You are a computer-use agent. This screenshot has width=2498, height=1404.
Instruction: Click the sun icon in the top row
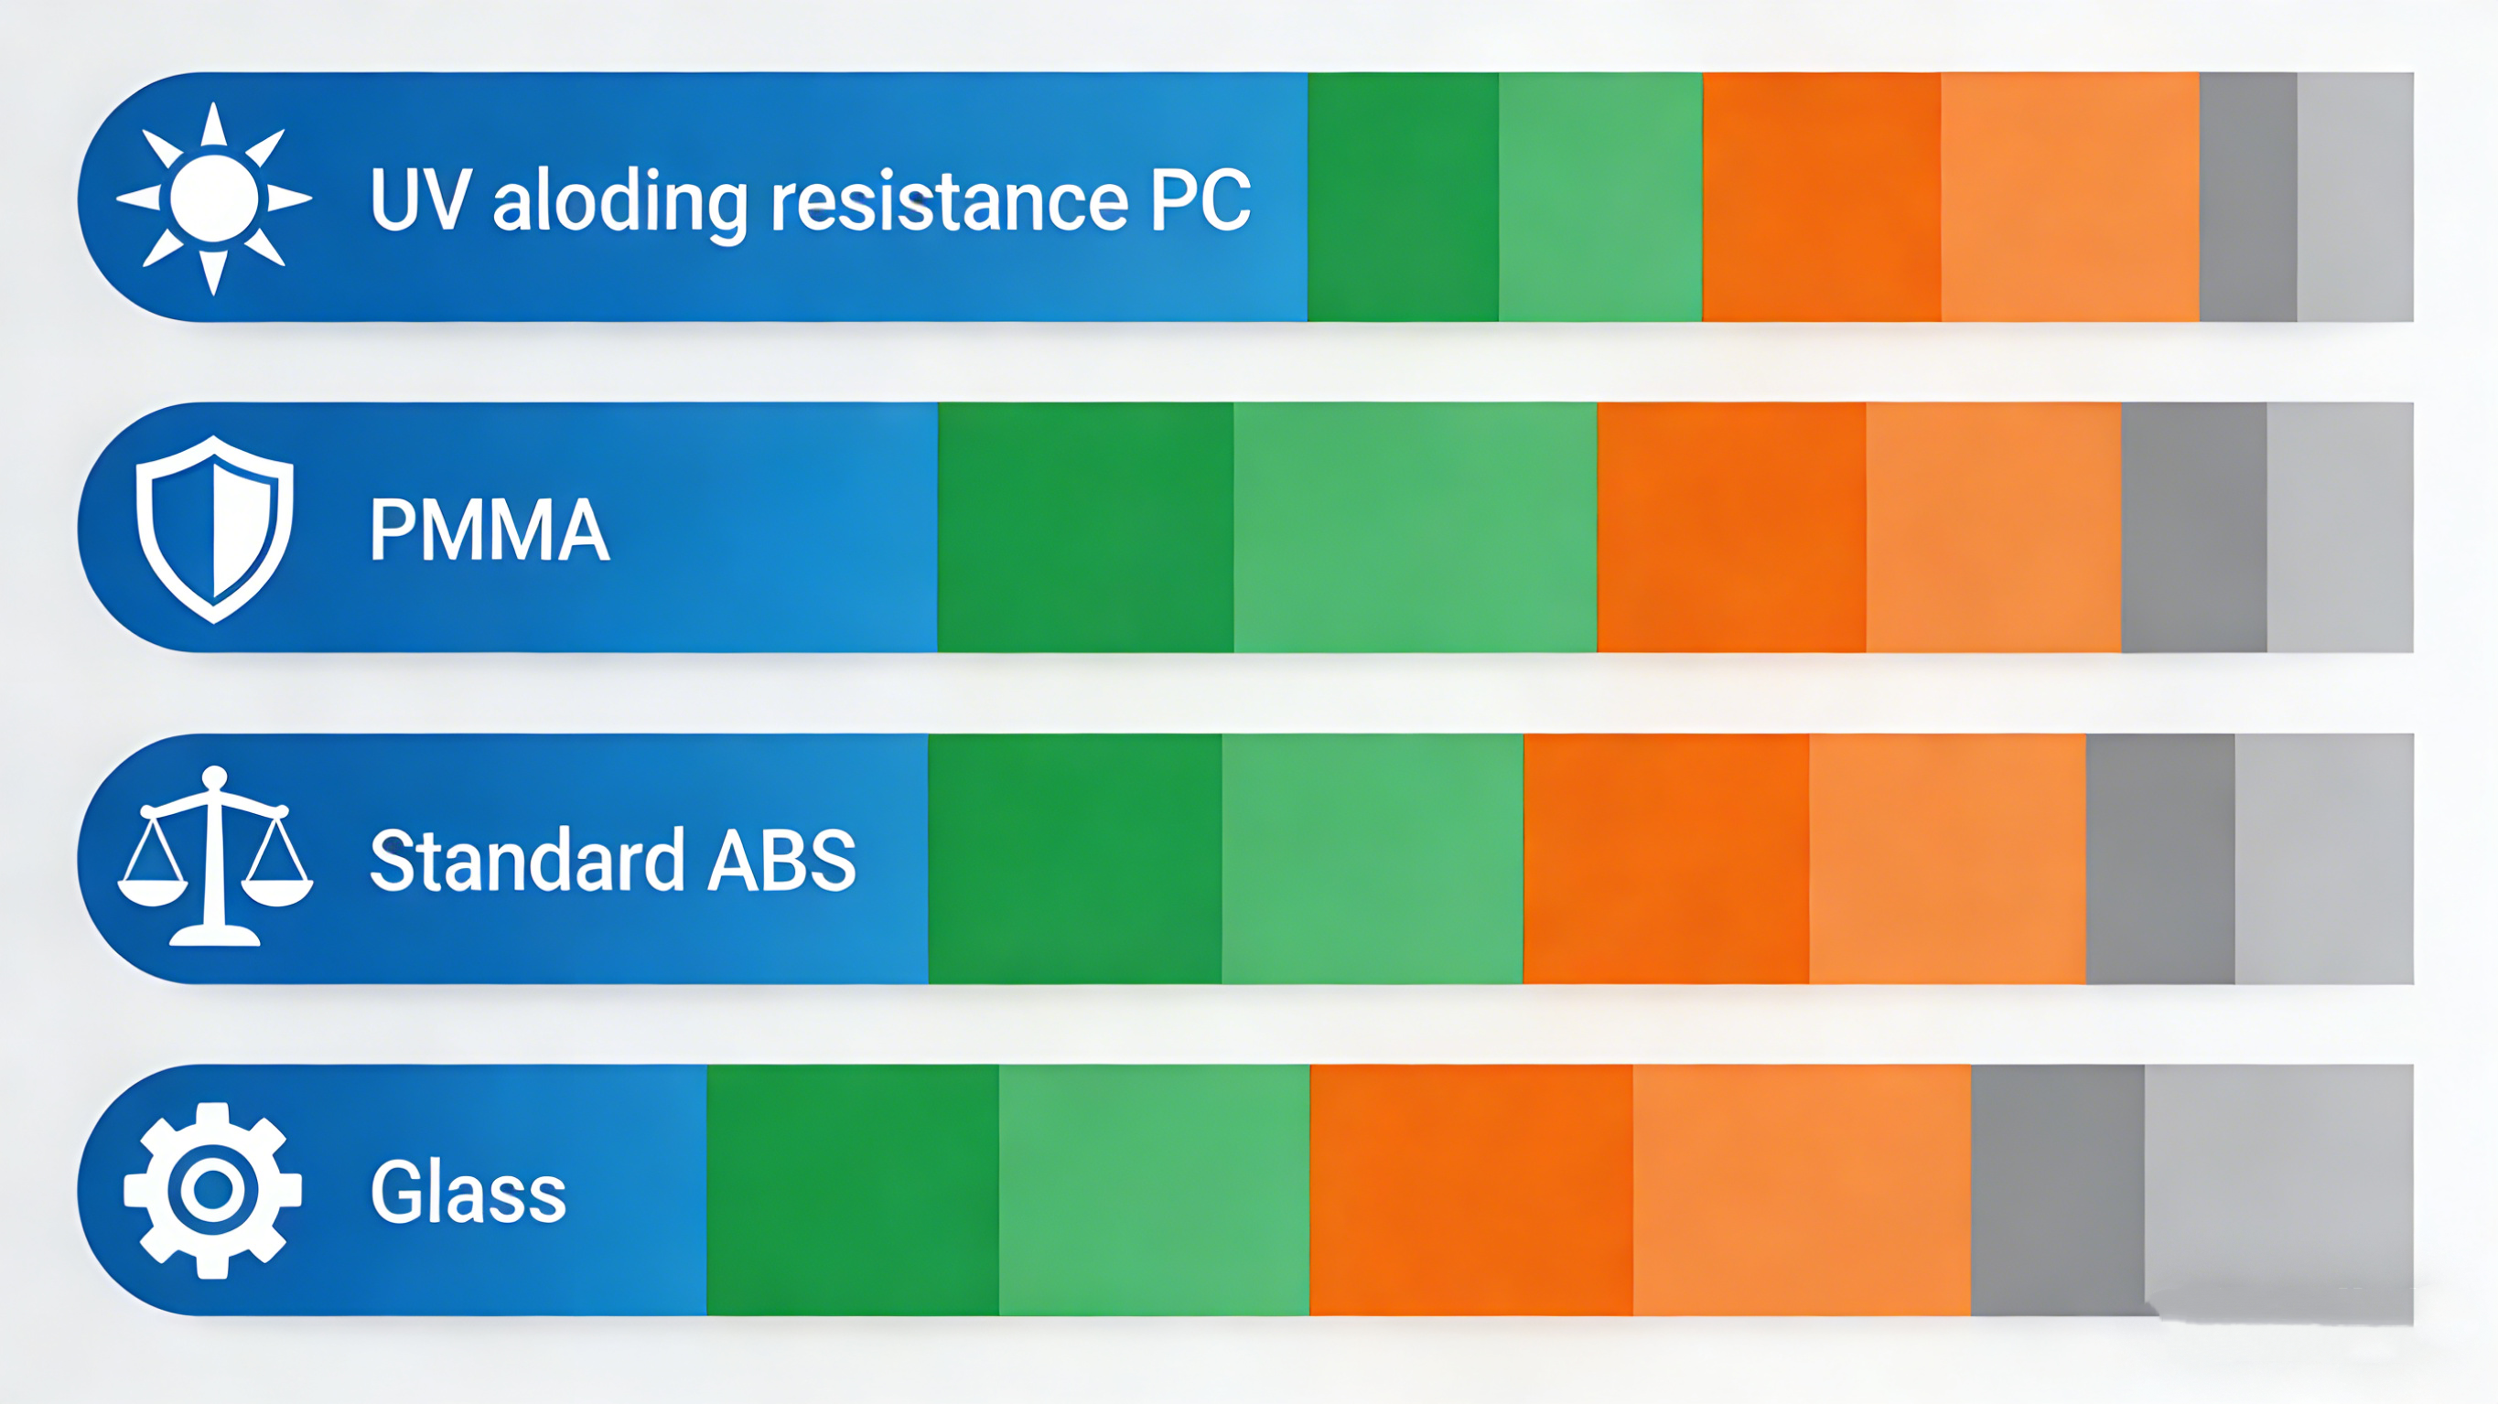coord(213,198)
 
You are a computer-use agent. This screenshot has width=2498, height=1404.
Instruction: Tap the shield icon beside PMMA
coord(214,529)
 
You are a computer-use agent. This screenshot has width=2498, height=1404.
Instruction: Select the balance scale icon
coord(215,856)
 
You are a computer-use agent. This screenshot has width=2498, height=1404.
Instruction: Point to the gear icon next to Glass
coord(213,1190)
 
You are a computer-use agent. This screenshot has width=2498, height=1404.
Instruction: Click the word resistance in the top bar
coord(950,200)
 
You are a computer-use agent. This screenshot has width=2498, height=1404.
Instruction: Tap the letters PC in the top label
coord(1201,200)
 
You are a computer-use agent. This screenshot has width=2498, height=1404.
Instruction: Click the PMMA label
coord(490,530)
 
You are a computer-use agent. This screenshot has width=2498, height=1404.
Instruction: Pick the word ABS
coord(782,860)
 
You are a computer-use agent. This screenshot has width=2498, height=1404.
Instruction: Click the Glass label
coord(468,1191)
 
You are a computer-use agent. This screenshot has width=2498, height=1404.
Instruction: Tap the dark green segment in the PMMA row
coord(1086,528)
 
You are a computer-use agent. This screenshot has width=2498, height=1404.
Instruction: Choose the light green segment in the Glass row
coord(1154,1190)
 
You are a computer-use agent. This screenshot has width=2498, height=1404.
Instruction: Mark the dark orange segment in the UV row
coord(1822,197)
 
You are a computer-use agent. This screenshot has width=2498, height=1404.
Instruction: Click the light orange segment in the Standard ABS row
coord(1947,859)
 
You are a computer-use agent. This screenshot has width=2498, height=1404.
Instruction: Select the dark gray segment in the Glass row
coord(2058,1190)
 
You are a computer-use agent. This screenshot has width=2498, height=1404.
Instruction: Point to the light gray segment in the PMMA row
coord(2340,528)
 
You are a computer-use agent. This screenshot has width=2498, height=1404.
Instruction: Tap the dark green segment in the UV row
coord(1404,197)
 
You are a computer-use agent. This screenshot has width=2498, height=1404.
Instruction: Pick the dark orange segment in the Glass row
coord(1471,1190)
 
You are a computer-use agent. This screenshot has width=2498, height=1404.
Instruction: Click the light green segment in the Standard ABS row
coord(1373,859)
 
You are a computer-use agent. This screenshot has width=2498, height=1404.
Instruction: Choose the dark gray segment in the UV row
coord(2248,197)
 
